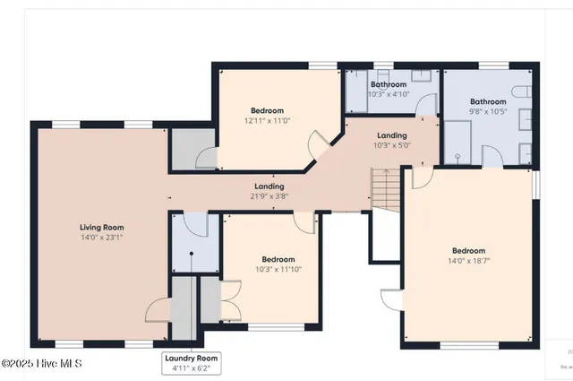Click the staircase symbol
pos(384,188)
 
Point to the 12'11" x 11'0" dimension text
pos(269,119)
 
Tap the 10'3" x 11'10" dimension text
pos(269,268)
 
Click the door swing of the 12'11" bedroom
pos(318,143)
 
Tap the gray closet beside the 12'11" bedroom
pos(188,148)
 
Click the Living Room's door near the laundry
pos(158,309)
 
